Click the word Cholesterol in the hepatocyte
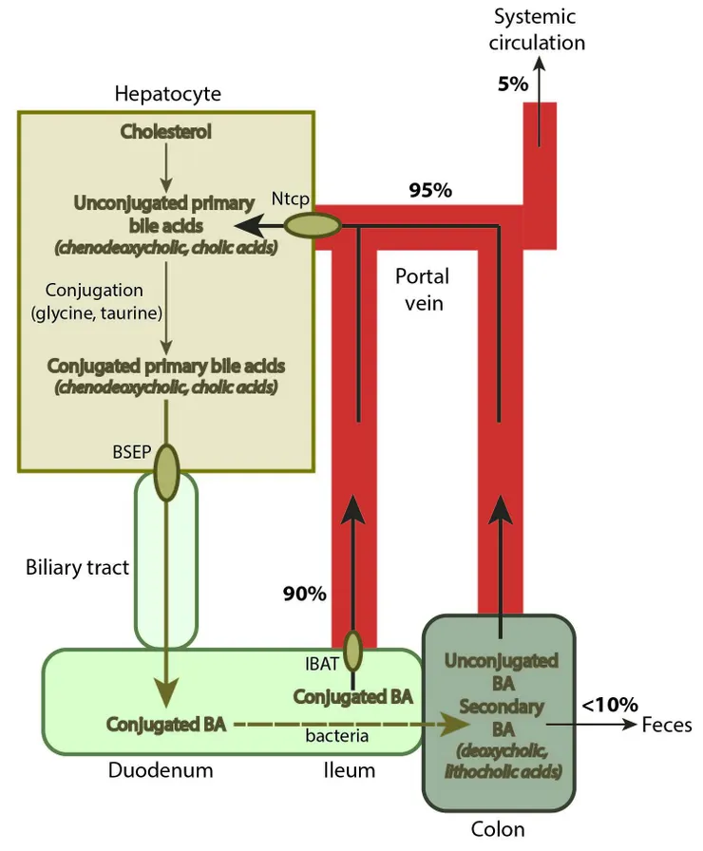(165, 132)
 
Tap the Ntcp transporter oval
(313, 225)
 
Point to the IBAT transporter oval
(352, 651)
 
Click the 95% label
(429, 190)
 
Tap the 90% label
(304, 595)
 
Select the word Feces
(667, 726)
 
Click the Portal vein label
(422, 291)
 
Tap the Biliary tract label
(77, 568)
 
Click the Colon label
(498, 828)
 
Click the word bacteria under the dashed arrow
(336, 734)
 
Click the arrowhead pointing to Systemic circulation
(539, 64)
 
